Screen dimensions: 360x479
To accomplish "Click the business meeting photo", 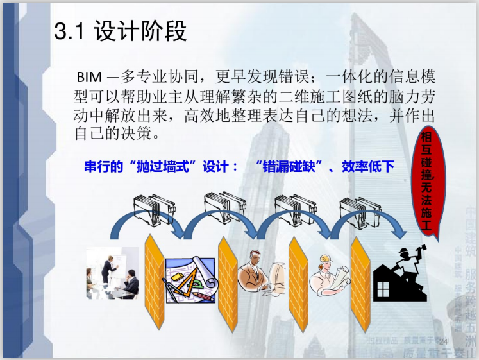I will coord(113,275).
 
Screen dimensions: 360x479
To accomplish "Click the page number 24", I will coord(442,340).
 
